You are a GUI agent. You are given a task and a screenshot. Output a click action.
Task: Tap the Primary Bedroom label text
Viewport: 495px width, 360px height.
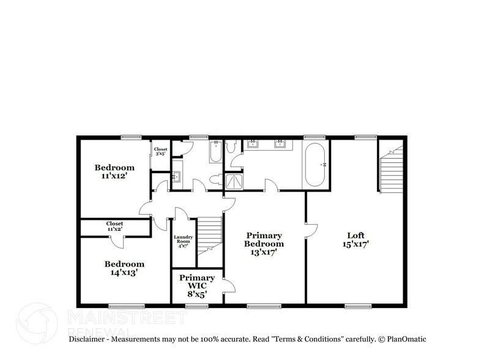[264, 239]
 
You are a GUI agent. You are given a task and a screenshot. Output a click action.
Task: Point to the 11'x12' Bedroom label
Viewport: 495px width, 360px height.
[114, 171]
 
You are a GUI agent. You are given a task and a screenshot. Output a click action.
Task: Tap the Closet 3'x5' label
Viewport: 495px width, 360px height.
[160, 151]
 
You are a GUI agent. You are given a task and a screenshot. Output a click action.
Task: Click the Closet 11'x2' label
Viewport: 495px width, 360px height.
[114, 227]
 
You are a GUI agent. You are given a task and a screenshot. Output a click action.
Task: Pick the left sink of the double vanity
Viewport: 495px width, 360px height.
[253, 144]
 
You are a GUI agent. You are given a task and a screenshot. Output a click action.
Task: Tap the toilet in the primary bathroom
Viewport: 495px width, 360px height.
[231, 147]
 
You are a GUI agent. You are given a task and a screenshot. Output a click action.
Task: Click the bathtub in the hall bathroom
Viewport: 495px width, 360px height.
[215, 152]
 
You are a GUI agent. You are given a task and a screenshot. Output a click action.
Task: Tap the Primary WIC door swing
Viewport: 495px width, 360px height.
[229, 285]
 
